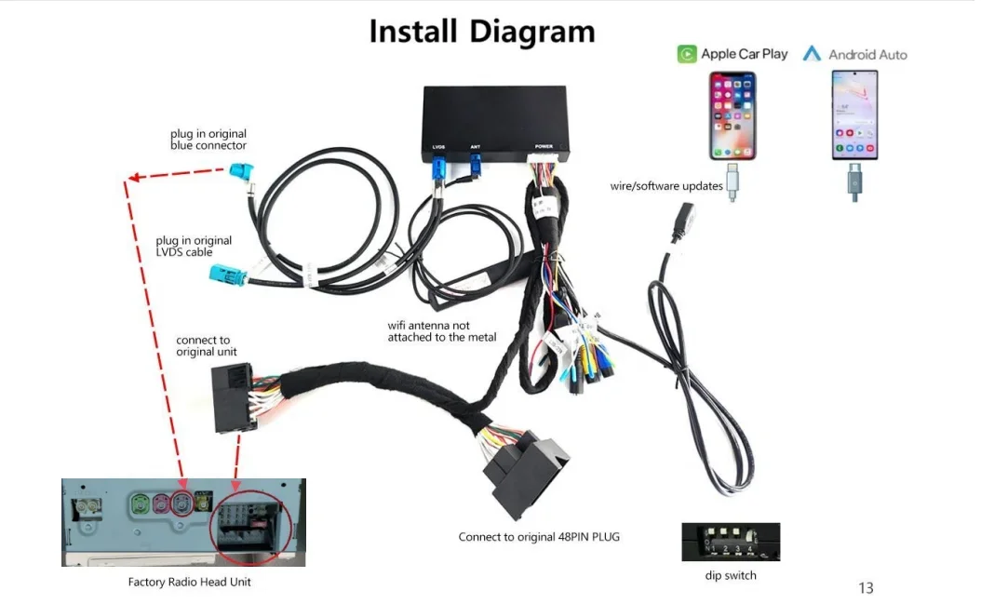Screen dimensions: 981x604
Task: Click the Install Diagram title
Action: tap(482, 32)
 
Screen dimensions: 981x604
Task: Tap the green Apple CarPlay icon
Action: tap(686, 55)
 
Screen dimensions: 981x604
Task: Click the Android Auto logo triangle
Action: tap(812, 53)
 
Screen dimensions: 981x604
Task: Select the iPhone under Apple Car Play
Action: tap(732, 115)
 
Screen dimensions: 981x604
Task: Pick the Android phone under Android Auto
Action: tap(854, 115)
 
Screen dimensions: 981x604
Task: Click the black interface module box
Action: tap(495, 125)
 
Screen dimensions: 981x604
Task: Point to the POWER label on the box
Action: tap(544, 146)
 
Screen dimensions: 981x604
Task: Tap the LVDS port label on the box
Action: tap(438, 147)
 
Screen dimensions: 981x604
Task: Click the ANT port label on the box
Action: tap(476, 147)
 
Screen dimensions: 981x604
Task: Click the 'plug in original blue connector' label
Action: tap(208, 140)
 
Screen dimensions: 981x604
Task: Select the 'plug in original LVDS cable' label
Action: tap(194, 246)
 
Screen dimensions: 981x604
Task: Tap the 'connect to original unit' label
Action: tap(206, 345)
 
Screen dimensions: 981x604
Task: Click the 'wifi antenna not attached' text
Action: tap(442, 331)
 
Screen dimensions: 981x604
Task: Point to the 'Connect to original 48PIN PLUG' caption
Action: tap(539, 537)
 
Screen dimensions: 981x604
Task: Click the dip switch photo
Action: tap(731, 542)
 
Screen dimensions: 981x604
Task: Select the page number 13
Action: tap(866, 588)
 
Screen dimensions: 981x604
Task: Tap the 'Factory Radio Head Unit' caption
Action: tap(189, 582)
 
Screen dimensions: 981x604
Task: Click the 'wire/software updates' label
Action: tap(666, 186)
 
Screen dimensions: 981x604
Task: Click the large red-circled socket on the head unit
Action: tap(251, 522)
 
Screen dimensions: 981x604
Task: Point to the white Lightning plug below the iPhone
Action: tap(732, 182)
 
